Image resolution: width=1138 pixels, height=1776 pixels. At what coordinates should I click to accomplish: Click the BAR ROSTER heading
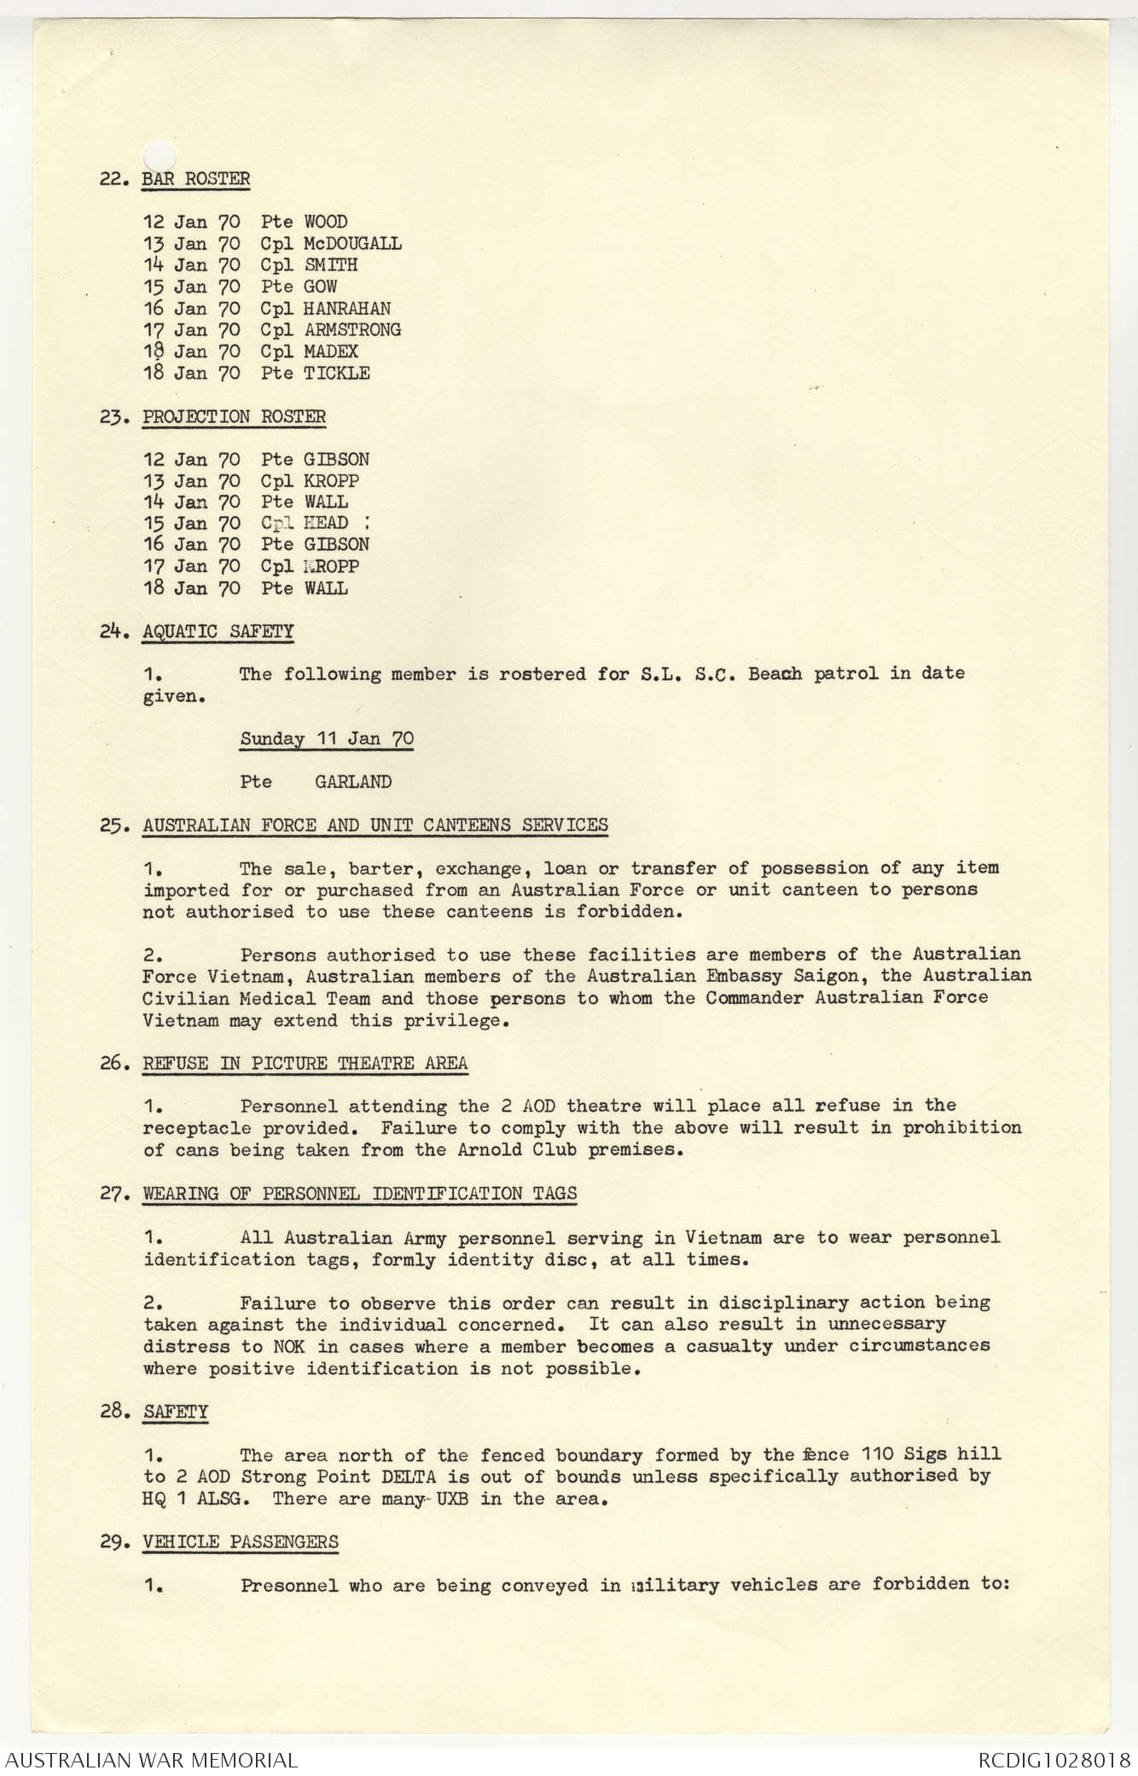point(196,179)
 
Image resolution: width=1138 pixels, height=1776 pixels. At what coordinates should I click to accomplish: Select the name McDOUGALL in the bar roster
point(352,244)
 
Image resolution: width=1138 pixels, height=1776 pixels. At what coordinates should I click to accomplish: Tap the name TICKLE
point(337,373)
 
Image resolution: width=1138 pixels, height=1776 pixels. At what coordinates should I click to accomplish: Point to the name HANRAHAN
point(347,309)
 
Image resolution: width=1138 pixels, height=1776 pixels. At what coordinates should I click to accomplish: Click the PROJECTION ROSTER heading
point(234,417)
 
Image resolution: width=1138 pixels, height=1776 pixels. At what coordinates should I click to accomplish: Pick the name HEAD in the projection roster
point(326,523)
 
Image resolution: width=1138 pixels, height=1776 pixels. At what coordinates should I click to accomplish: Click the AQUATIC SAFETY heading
point(218,632)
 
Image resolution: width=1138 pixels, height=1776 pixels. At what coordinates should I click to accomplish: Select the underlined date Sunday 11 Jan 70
point(327,739)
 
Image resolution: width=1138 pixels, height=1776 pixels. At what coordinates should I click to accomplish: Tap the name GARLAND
point(353,781)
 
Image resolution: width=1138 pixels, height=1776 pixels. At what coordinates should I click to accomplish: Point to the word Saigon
point(833,975)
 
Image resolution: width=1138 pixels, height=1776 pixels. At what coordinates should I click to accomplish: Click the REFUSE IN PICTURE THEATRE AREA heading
point(305,1064)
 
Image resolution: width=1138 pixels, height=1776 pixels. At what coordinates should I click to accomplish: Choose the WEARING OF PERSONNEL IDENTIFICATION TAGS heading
point(360,1193)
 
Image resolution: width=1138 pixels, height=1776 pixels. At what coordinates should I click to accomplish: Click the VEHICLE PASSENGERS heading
point(241,1542)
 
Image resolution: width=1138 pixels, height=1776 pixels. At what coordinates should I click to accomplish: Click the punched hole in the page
point(159,154)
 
